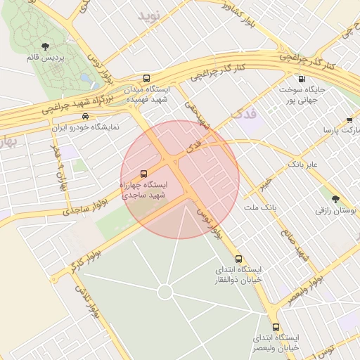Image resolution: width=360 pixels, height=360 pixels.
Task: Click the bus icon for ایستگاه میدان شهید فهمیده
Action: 146,79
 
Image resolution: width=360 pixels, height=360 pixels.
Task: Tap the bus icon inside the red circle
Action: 144,173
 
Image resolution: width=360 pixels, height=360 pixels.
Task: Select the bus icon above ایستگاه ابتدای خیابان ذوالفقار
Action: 238,259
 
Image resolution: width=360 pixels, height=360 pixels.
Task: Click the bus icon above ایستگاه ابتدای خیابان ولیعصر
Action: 276,327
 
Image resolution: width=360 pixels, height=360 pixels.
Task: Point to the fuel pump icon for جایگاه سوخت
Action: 302,79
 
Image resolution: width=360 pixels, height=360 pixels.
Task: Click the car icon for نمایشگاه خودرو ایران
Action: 85,116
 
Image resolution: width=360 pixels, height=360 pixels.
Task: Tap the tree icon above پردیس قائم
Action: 46,46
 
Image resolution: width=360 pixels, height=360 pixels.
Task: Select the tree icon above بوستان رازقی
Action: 334,199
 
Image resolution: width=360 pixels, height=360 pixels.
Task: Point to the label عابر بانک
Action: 303,165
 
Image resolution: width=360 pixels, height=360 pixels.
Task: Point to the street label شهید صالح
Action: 297,243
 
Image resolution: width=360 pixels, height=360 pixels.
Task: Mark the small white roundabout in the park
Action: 165,292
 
